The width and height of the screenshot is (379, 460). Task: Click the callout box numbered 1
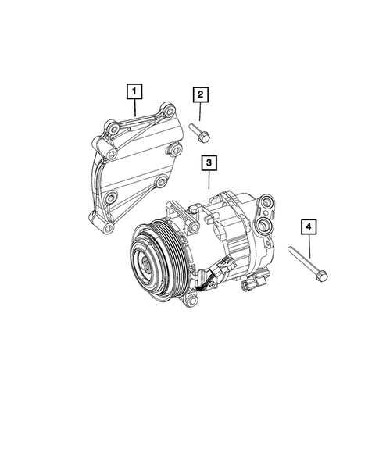coord(135,93)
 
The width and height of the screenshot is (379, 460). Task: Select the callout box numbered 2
coord(201,95)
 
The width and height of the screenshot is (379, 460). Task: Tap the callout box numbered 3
coord(209,164)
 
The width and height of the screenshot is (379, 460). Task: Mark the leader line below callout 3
coord(209,181)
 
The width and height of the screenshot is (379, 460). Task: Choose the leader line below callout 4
coord(309,245)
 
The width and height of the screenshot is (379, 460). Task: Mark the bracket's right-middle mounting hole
coord(160,183)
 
